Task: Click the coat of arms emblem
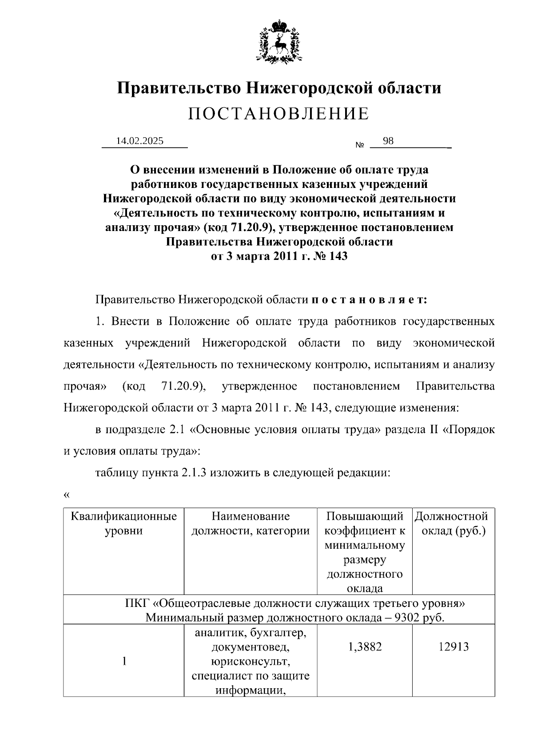(279, 41)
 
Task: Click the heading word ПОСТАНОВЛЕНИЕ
(278, 114)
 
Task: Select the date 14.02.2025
(139, 141)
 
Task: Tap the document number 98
(388, 141)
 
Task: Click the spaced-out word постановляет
(369, 300)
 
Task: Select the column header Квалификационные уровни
(123, 523)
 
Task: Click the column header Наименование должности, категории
(251, 523)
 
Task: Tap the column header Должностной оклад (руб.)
(453, 523)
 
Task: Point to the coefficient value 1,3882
(364, 647)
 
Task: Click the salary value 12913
(453, 647)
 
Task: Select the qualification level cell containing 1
(124, 662)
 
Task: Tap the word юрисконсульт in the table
(251, 662)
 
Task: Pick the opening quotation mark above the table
(67, 495)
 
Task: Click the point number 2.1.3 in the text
(194, 473)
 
